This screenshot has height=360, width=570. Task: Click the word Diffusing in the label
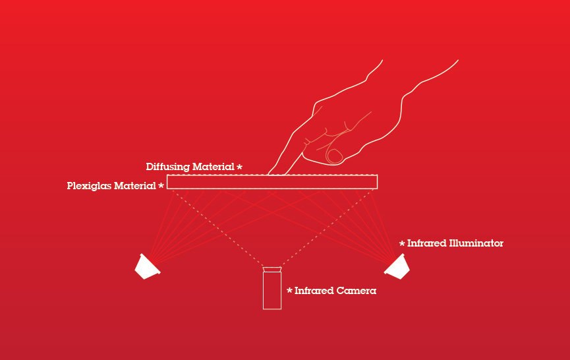(167, 167)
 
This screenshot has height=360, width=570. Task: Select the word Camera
(356, 291)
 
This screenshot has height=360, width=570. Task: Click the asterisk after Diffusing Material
(239, 167)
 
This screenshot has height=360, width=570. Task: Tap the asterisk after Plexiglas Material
(161, 186)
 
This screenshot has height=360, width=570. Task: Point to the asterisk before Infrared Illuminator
(402, 243)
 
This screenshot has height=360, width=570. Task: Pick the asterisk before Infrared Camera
(290, 291)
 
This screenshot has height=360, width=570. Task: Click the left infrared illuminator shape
(147, 267)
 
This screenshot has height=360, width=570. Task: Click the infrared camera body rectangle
(272, 291)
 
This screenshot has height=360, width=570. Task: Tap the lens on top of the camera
(272, 270)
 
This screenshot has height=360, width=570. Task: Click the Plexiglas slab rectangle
(272, 182)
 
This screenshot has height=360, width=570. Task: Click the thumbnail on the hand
(335, 156)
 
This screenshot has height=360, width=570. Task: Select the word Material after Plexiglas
(135, 186)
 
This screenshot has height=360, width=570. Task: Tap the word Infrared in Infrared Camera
(314, 291)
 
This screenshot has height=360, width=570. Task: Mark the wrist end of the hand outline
(420, 61)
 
